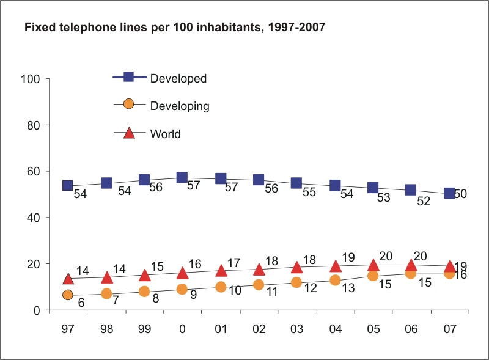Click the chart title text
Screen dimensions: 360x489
pos(174,28)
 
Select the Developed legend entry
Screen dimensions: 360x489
pos(178,78)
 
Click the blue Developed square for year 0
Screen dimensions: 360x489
pos(182,177)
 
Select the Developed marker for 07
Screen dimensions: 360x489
pos(449,193)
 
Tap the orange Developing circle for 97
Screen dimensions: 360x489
pos(68,295)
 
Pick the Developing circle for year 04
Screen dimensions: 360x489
pos(335,280)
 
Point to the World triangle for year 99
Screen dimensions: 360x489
pos(144,275)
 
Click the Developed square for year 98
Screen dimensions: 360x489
pos(106,183)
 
